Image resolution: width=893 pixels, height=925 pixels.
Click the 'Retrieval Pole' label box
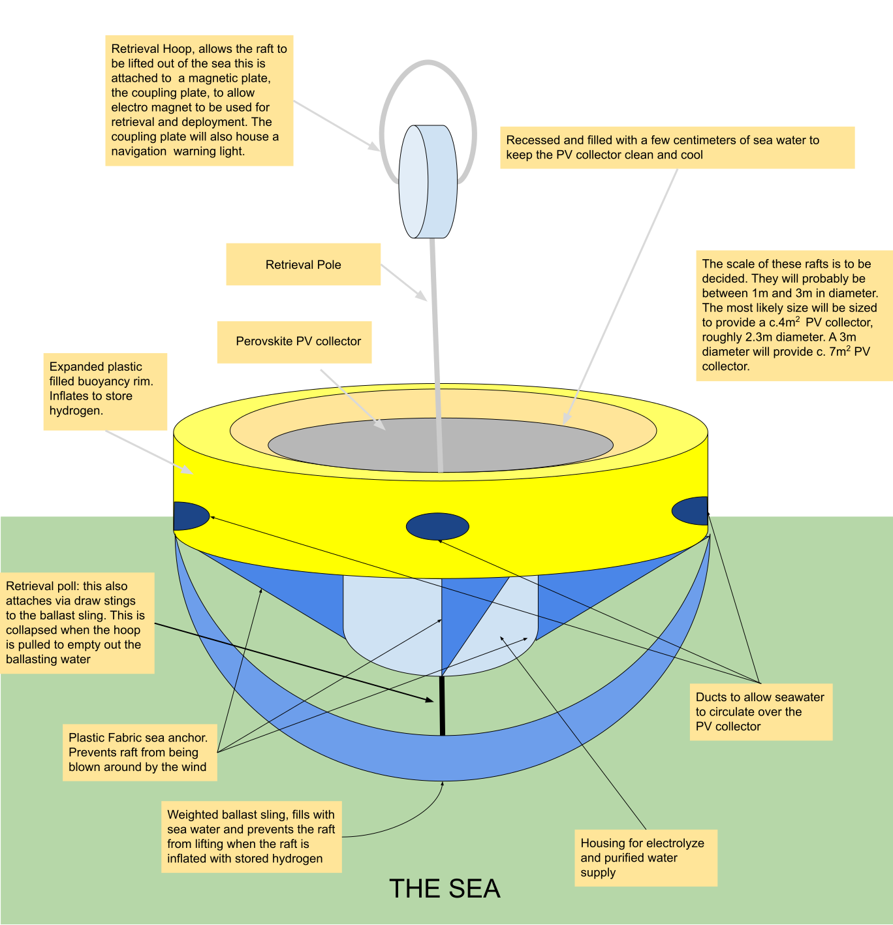coord(303,264)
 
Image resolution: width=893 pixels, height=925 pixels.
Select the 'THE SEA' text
coord(445,888)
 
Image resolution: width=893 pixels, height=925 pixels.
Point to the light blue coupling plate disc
coord(428,181)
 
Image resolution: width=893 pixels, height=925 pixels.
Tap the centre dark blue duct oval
coord(437,526)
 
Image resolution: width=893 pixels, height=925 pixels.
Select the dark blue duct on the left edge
coord(190,516)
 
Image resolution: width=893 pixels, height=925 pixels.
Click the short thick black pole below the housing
coord(442,706)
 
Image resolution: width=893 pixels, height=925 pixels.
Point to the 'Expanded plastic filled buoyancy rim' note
coord(105,392)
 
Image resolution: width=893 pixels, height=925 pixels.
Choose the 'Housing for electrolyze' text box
coord(646,858)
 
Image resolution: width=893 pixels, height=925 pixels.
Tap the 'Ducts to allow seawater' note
coord(761,712)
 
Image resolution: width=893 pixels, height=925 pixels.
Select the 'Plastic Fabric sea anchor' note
coord(140,753)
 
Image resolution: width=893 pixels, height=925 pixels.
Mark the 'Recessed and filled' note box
coord(677,148)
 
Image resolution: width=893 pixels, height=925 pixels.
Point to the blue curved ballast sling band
coord(442,758)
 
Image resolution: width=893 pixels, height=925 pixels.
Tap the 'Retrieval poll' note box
coord(77,623)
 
